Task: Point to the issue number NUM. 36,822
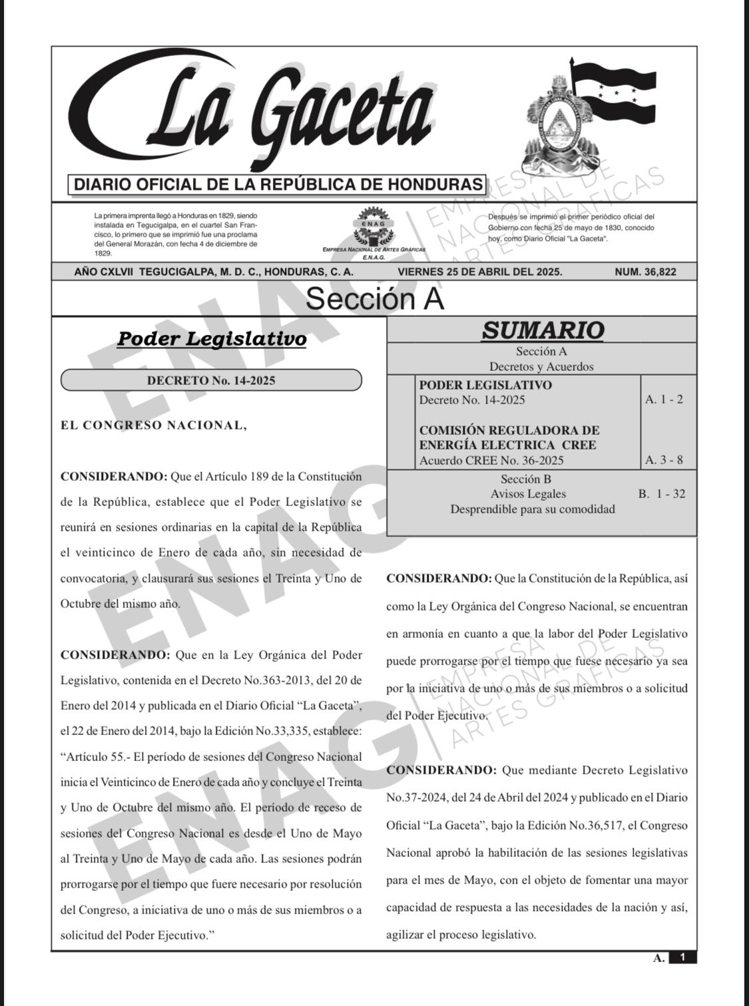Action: point(645,272)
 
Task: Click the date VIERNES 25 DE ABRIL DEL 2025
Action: point(479,272)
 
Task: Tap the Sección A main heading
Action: point(374,299)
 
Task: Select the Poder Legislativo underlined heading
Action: point(212,339)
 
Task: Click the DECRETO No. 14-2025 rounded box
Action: point(211,381)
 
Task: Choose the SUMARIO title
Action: point(543,330)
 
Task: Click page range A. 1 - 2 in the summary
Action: point(664,399)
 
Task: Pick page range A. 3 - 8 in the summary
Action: point(664,460)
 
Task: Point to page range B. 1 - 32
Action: point(661,494)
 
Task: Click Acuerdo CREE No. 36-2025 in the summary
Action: point(491,460)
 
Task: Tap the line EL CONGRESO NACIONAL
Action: point(153,425)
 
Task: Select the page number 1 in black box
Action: point(682,958)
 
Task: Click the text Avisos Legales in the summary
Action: point(528,494)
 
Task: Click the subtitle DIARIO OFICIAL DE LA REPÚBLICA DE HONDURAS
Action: point(278,184)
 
